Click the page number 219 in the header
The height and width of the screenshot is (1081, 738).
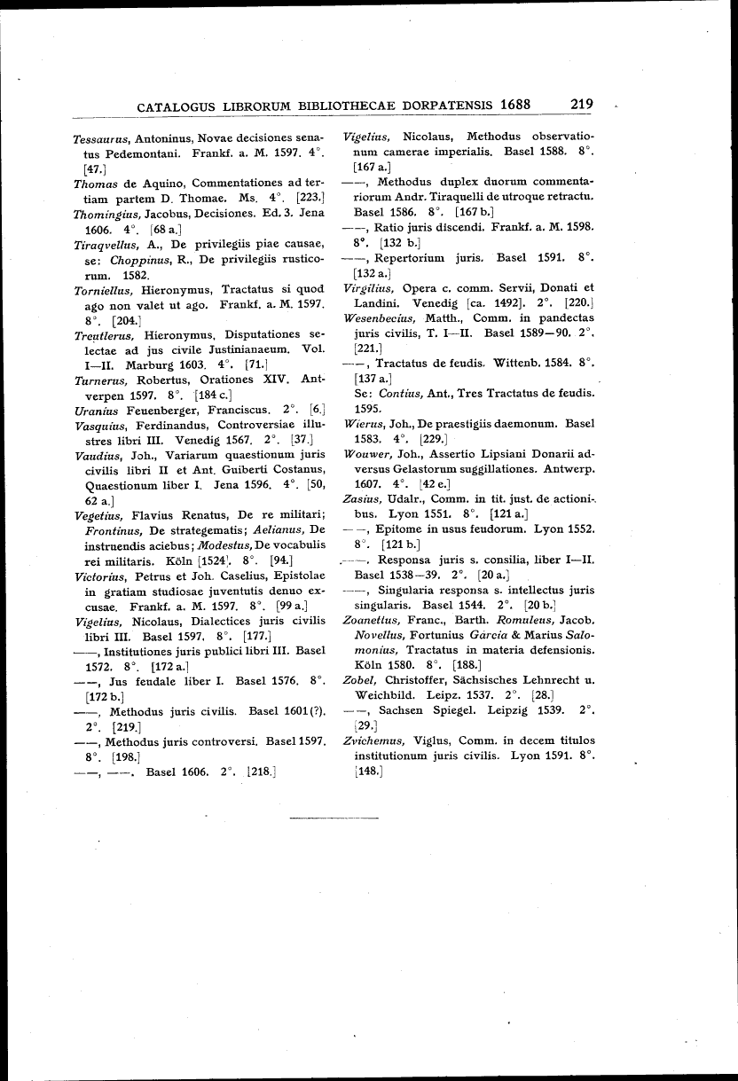[x=582, y=104]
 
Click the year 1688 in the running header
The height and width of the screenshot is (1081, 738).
[x=515, y=104]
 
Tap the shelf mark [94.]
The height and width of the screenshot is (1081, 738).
[x=282, y=560]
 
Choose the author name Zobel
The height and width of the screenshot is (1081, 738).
[x=358, y=680]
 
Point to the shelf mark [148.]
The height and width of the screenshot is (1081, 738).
[x=366, y=771]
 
